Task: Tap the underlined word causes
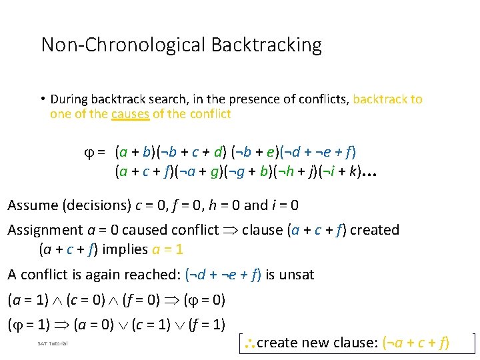(x=130, y=114)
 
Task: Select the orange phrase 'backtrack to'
(x=387, y=99)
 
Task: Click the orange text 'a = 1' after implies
(x=168, y=250)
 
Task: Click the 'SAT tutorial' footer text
(x=53, y=343)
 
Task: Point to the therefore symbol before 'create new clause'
(x=247, y=343)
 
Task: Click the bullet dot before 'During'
(x=41, y=99)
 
